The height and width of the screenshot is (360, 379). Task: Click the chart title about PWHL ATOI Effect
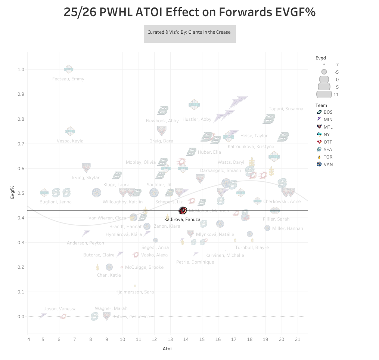tap(190, 12)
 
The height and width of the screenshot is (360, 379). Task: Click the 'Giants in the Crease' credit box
tap(190, 33)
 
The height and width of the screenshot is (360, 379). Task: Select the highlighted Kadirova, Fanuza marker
tap(183, 211)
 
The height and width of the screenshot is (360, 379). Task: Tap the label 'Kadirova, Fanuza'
tap(182, 219)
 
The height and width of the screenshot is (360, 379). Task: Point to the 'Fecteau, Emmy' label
tap(68, 79)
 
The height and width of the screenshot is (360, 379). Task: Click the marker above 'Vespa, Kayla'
tap(70, 131)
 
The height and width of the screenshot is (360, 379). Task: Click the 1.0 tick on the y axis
tap(21, 70)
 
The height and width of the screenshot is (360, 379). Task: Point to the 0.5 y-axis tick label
tap(21, 193)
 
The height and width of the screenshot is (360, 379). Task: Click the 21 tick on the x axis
tap(298, 339)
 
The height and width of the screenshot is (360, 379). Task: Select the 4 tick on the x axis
tap(28, 339)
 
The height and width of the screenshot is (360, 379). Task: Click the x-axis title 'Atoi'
tap(167, 349)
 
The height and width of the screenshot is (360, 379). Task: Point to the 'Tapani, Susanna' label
tap(286, 109)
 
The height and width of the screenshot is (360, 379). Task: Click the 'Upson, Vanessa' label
tap(60, 309)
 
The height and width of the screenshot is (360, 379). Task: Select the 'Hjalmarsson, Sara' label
tap(134, 292)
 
